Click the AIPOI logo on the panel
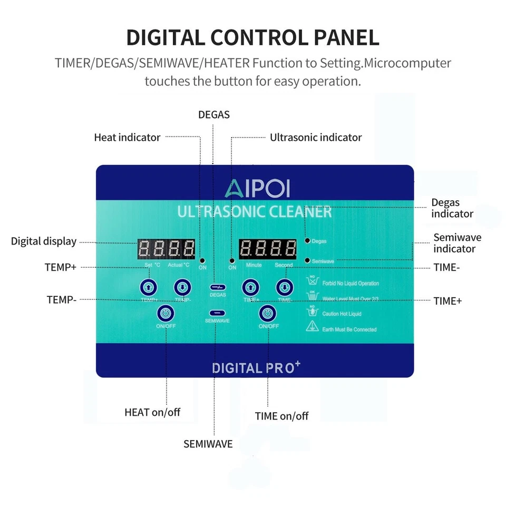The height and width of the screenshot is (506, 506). point(258,188)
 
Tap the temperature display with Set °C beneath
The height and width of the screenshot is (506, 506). point(166,248)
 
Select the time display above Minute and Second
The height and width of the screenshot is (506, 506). point(267,248)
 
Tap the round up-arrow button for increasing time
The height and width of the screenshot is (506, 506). point(250,287)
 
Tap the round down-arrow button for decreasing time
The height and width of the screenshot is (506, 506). point(285,287)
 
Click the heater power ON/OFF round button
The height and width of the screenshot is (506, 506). point(166,314)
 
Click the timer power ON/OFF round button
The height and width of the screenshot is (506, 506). point(268,314)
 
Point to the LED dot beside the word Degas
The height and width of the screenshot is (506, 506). point(307,241)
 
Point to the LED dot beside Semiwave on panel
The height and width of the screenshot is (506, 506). point(307,260)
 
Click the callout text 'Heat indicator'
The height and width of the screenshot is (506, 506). point(127,138)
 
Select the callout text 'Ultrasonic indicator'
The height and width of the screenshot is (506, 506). point(316,138)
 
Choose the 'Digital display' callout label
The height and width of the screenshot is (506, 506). point(44,241)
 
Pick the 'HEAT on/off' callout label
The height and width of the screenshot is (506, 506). point(152,412)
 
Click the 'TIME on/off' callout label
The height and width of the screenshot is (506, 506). point(281,416)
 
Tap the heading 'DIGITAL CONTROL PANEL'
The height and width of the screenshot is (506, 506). point(252,38)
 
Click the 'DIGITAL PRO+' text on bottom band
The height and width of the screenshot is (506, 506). point(256,367)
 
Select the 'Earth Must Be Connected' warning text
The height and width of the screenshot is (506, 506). point(349,329)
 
